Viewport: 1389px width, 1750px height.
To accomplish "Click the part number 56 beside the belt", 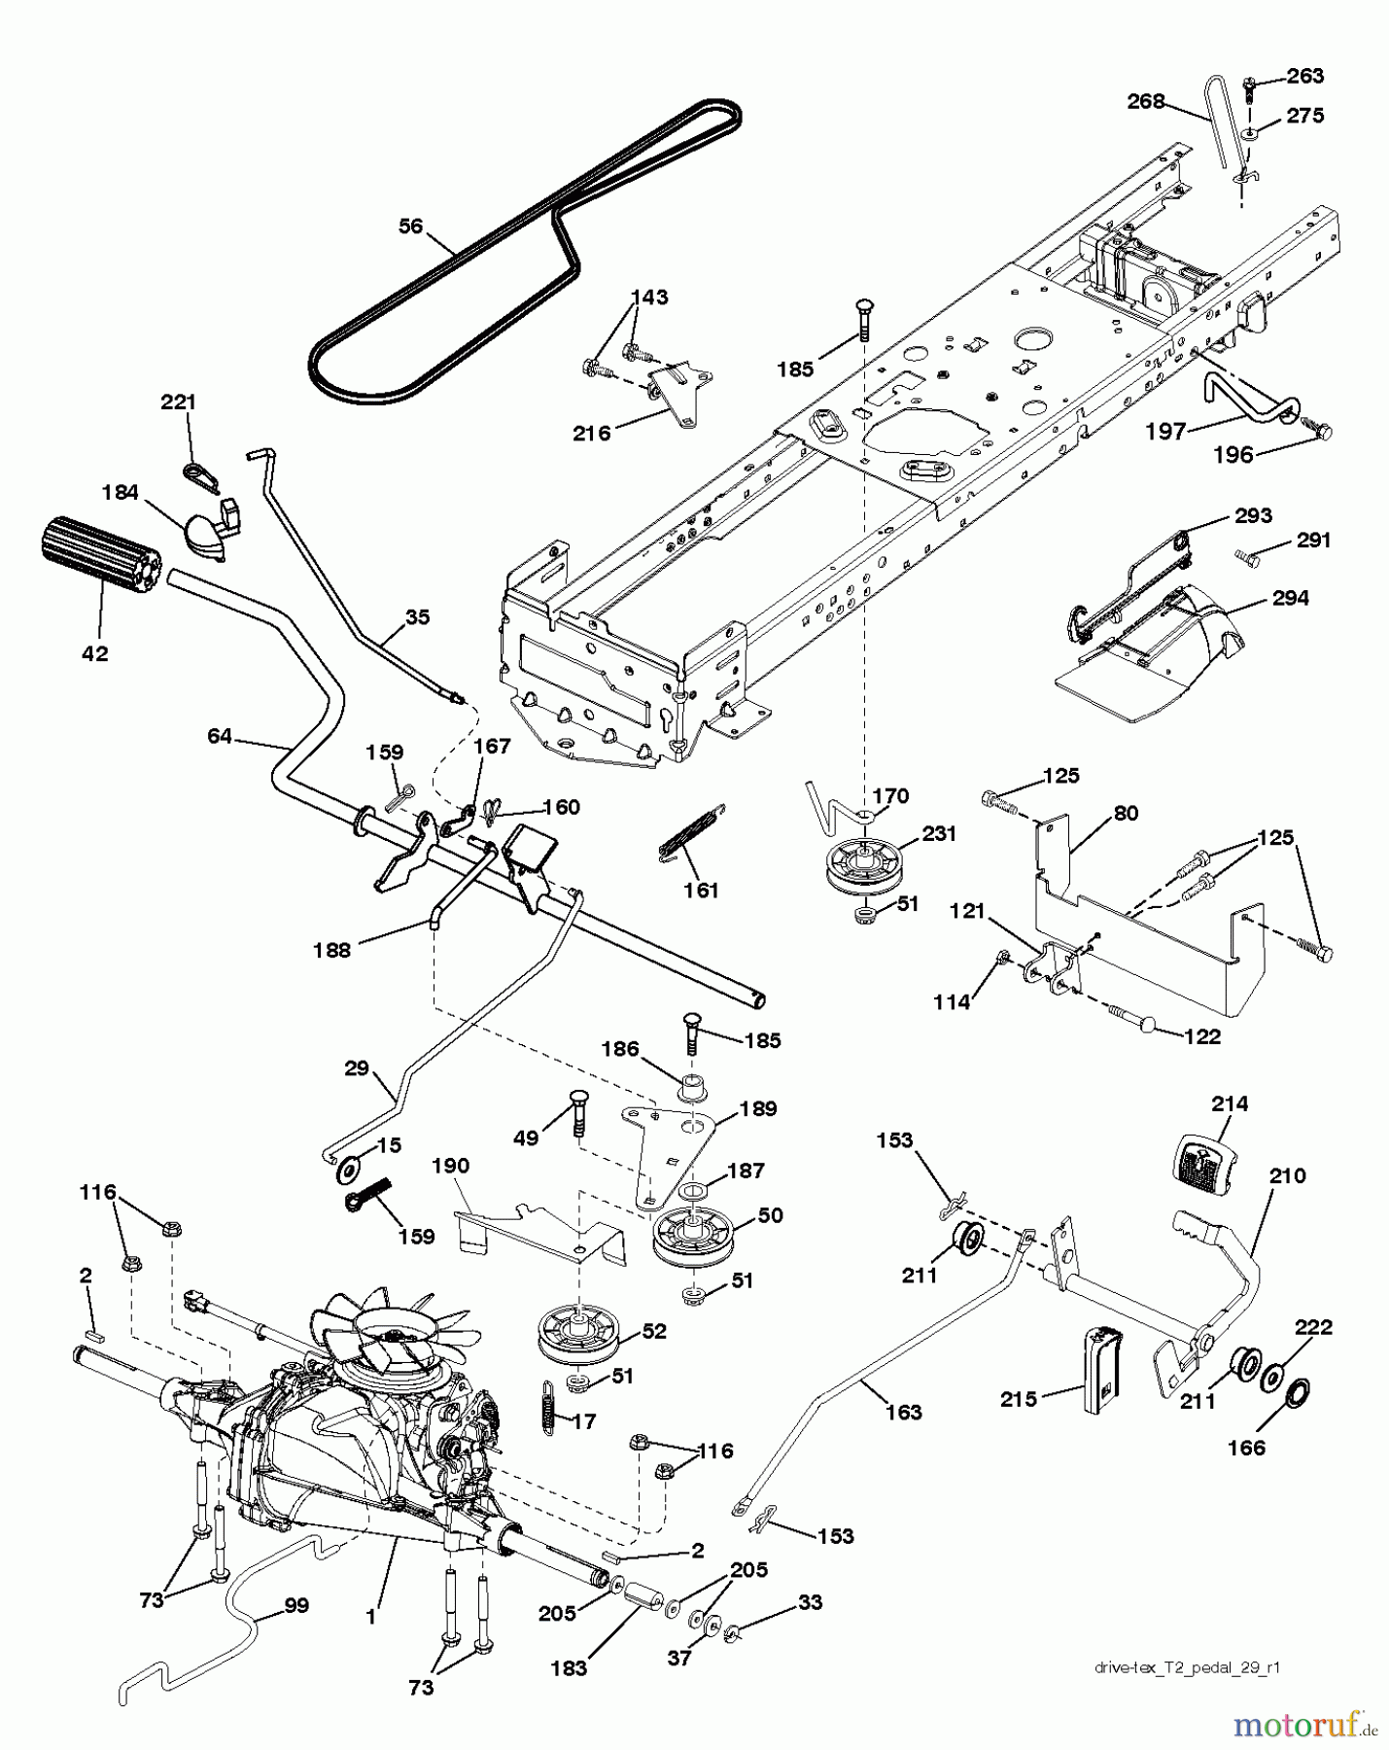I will [411, 227].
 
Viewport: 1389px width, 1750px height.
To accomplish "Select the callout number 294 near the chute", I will [1290, 599].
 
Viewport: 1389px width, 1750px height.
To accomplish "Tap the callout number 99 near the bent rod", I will [296, 1606].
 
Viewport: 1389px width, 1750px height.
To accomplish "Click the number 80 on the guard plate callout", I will [1125, 813].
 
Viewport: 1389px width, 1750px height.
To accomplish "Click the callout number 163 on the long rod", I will [904, 1412].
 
